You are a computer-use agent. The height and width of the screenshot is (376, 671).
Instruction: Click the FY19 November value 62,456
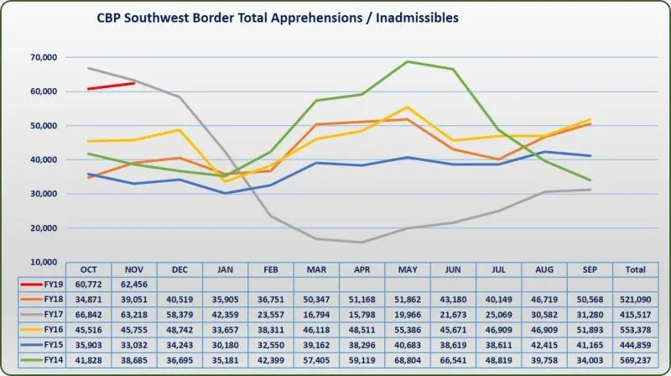[134, 285]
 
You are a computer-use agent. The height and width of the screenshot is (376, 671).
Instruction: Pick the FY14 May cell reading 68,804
[408, 361]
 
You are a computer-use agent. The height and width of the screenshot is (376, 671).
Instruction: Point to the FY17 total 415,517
[636, 316]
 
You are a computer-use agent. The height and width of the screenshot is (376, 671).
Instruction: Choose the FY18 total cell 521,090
[636, 300]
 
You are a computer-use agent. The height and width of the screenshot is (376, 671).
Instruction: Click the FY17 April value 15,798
[362, 316]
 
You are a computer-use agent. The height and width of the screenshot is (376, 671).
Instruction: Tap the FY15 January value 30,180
[226, 346]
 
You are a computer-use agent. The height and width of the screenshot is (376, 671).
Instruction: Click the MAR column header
[317, 269]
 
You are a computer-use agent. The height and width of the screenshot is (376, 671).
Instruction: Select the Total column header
[636, 269]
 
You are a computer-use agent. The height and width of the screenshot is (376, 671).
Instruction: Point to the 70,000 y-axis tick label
[42, 57]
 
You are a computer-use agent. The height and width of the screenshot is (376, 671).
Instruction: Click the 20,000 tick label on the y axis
[42, 228]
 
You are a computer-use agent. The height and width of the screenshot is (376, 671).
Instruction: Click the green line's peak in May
[408, 61]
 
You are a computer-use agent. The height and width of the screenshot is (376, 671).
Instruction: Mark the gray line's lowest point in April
[362, 243]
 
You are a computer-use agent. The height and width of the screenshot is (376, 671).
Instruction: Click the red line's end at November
[134, 83]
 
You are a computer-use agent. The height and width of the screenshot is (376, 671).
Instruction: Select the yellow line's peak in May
[408, 107]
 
